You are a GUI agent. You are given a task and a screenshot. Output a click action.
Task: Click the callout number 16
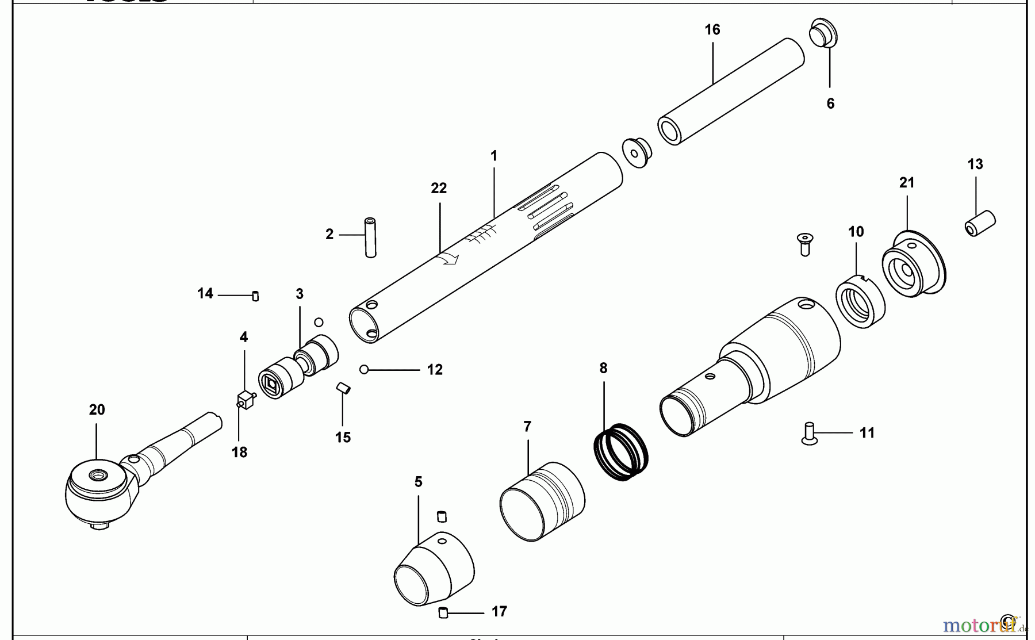click(712, 30)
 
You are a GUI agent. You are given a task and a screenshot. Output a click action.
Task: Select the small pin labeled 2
click(370, 237)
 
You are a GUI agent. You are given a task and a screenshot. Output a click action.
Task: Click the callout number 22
click(439, 189)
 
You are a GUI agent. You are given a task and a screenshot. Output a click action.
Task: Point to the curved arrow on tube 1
click(448, 260)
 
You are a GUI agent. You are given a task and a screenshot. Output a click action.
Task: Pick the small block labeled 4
click(246, 399)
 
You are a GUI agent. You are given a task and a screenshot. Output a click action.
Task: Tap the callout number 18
click(239, 453)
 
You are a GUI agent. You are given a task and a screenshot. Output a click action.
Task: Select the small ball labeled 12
click(363, 370)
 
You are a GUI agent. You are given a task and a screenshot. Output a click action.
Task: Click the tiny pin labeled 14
click(255, 296)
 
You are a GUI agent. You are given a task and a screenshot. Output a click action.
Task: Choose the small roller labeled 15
click(343, 388)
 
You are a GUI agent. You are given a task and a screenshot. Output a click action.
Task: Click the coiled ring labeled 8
click(621, 452)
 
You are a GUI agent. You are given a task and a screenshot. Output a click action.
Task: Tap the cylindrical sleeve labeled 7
click(542, 501)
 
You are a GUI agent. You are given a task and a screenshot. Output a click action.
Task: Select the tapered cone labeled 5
click(434, 569)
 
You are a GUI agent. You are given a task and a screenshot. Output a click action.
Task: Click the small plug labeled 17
click(443, 613)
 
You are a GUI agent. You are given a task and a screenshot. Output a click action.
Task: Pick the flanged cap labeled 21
click(913, 264)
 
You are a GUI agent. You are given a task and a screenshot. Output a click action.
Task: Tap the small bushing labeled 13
click(980, 223)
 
